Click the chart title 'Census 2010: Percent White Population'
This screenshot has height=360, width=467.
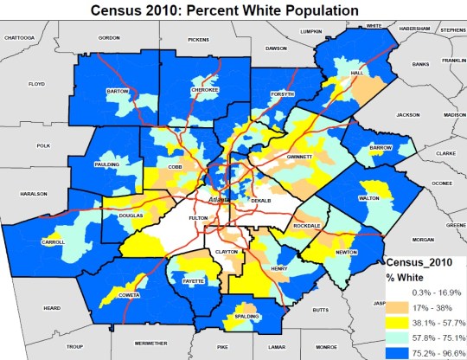tap(233, 10)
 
